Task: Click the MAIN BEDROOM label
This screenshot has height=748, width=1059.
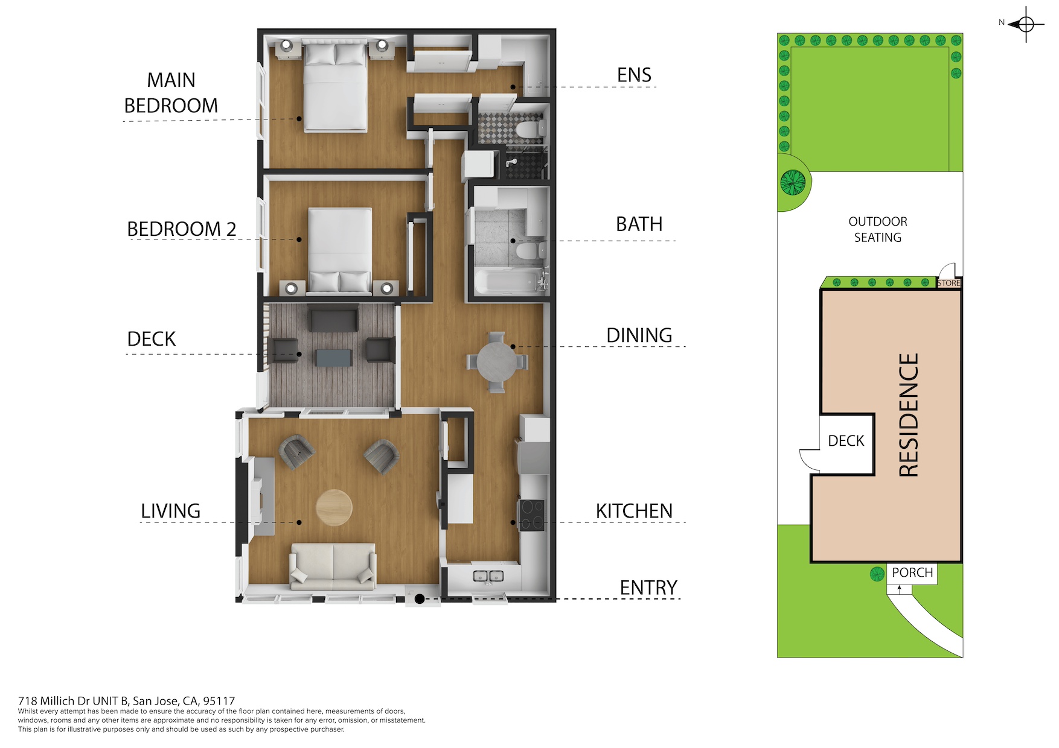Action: pos(171,93)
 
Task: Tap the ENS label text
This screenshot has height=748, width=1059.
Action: pos(634,75)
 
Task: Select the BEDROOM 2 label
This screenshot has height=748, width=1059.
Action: pos(181,229)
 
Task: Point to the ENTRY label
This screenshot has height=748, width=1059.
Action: pos(648,588)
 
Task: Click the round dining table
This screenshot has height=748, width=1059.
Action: pos(497,363)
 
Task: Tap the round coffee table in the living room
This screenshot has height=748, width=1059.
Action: pos(334,507)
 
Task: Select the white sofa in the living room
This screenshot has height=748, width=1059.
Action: pos(333,566)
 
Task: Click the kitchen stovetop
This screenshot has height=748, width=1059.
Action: pos(531,515)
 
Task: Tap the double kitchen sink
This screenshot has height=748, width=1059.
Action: pos(488,576)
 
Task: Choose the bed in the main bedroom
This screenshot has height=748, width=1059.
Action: pos(336,86)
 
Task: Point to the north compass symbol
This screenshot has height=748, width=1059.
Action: pos(1025,25)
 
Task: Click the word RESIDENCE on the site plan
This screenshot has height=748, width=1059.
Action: pos(909,415)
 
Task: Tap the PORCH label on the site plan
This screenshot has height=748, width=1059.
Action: pos(912,572)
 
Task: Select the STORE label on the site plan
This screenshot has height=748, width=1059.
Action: pos(949,283)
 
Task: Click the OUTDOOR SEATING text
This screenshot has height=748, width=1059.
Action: pos(878,229)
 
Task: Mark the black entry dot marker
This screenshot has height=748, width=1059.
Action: pos(420,599)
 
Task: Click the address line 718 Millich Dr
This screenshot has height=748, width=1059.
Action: pos(126,701)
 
